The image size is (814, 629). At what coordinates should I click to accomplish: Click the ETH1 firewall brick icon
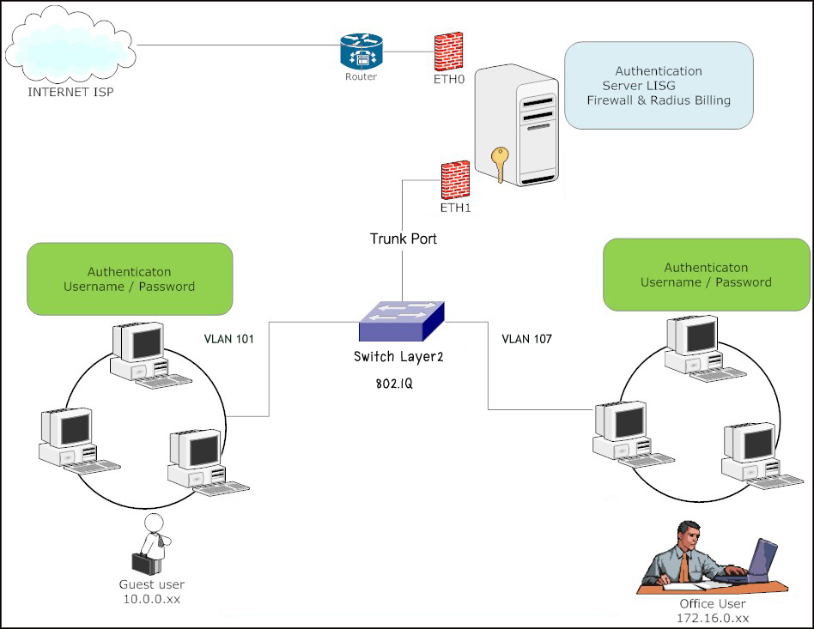[x=454, y=179]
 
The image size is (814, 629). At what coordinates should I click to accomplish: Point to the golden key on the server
[x=498, y=163]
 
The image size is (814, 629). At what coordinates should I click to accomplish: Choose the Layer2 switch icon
[x=401, y=322]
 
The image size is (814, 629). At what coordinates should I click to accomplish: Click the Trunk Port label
[x=403, y=239]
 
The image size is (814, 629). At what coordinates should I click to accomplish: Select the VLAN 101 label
[x=229, y=339]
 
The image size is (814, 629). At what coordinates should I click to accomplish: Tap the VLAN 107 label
[x=526, y=339]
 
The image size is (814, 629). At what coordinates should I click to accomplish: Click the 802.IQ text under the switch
[x=395, y=384]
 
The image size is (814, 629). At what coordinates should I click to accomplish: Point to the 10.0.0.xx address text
[x=153, y=598]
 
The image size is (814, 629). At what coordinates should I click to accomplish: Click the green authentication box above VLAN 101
[x=130, y=278]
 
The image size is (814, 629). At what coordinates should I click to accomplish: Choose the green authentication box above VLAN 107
[x=706, y=275]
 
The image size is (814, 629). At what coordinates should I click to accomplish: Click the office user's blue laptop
[x=762, y=562]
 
